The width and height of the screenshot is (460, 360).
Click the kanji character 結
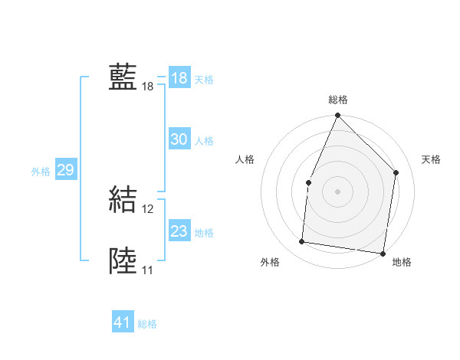123,200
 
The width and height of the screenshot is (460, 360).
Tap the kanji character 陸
123,260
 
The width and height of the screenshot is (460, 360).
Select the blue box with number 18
179,78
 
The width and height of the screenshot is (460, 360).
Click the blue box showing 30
179,139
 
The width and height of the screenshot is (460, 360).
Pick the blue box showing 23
179,231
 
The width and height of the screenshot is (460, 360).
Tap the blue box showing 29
65,170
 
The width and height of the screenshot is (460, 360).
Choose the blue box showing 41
123,322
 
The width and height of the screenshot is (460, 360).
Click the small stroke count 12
148,209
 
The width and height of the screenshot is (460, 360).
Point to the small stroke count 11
147,270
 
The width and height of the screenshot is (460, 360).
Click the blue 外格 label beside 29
41,172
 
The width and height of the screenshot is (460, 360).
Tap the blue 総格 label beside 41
147,324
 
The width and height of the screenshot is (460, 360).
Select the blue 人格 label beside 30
204,141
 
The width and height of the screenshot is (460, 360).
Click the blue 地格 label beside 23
204,233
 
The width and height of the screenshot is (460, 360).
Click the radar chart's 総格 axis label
337,100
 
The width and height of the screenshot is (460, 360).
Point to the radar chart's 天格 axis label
432,159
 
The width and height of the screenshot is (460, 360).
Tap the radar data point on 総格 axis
337,116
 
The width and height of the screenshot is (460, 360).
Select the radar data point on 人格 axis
308,182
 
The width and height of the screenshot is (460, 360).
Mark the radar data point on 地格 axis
383,254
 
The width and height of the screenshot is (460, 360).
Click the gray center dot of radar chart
337,191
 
